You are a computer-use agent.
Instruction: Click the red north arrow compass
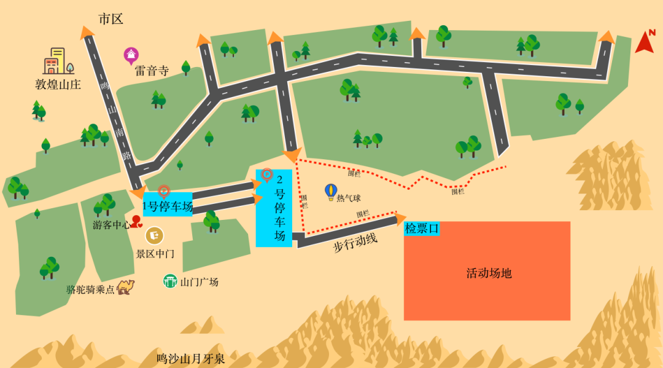(645, 42)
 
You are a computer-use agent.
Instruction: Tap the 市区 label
(111, 19)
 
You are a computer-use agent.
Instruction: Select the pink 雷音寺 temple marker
(131, 55)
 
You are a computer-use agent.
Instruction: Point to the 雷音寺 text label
(152, 71)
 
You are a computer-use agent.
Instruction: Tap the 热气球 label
(349, 198)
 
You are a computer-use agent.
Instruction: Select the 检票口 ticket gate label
(422, 229)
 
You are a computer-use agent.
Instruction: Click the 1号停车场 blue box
(168, 206)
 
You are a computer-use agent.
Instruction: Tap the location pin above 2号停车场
(267, 175)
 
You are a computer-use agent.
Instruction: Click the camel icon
(126, 286)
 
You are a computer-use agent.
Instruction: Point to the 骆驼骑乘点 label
(91, 289)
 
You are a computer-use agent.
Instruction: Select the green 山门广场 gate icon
(170, 281)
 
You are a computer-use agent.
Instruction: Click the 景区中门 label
(155, 253)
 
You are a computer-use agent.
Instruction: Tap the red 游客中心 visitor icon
(136, 221)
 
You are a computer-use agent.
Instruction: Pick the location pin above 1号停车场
(164, 191)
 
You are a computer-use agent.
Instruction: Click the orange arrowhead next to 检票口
(401, 218)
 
